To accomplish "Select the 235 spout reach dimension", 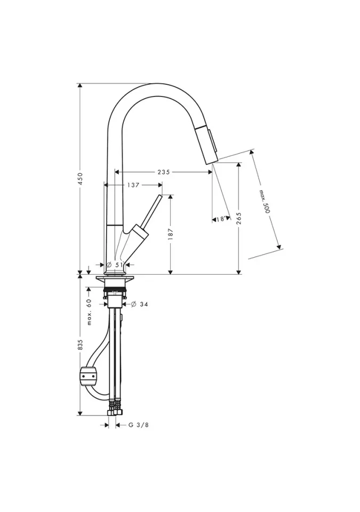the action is [164, 172].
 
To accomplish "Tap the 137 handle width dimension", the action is [133, 185].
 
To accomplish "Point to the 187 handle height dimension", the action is [171, 235].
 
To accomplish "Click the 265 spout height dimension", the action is [239, 219].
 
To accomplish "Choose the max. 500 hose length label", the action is [265, 202].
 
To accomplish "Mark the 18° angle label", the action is [221, 219].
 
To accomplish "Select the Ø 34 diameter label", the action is [140, 305].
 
